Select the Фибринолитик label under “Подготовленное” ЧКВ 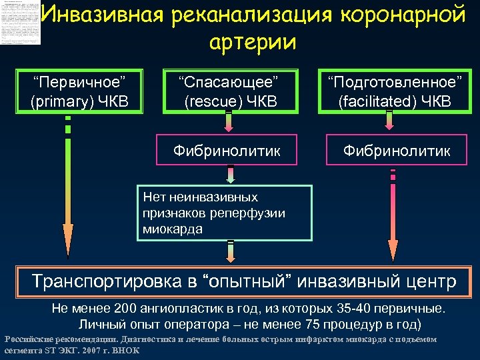point(396,151)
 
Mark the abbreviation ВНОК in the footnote point(129,349)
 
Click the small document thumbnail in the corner point(21,23)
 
